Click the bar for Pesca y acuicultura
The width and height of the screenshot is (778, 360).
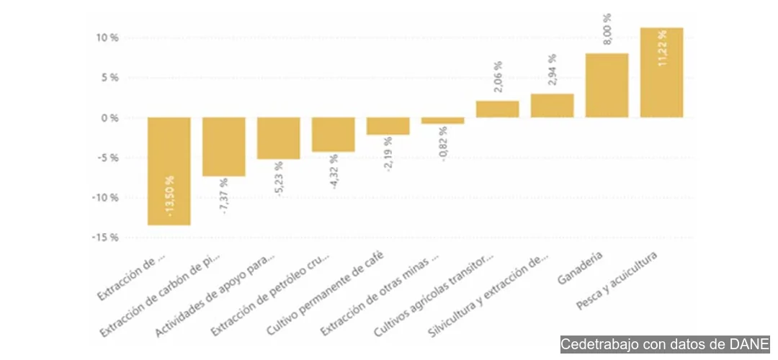tap(661, 73)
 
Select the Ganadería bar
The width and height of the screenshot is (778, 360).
tap(607, 85)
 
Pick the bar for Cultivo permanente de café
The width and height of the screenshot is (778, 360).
tap(388, 126)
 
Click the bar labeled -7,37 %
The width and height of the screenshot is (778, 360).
tap(224, 147)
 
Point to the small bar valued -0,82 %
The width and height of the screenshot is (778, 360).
tap(442, 121)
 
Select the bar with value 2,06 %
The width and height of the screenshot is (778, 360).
tap(497, 109)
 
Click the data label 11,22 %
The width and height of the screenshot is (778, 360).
tap(662, 48)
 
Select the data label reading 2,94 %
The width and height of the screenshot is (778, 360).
tap(553, 70)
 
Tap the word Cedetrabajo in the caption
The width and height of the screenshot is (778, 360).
tap(596, 344)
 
